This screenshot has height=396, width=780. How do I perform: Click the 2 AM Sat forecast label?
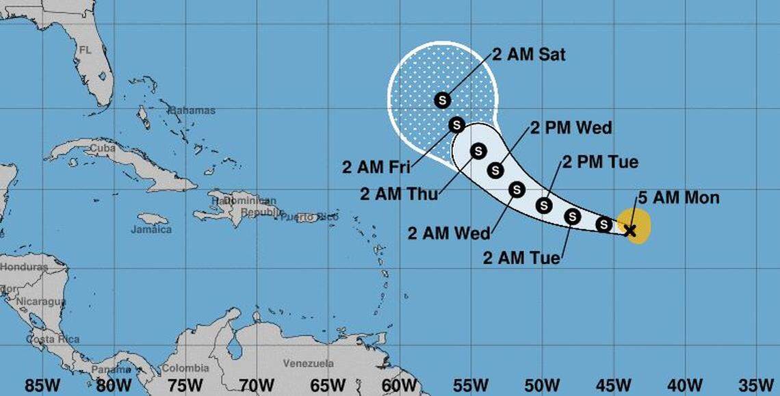(x=528, y=55)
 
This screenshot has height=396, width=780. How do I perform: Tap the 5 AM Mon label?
(x=678, y=198)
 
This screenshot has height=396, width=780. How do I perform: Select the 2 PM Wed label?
(x=571, y=128)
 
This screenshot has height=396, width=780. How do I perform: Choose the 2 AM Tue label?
(x=521, y=259)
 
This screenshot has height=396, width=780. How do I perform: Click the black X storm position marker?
(x=630, y=230)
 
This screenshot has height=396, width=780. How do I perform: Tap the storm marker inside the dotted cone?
(x=442, y=100)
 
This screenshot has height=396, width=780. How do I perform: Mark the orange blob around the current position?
(x=641, y=225)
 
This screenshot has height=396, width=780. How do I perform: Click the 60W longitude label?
(x=399, y=384)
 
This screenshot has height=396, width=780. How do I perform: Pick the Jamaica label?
(x=151, y=230)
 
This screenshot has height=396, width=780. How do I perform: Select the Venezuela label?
(x=309, y=363)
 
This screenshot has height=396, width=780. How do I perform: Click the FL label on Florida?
(x=85, y=50)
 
